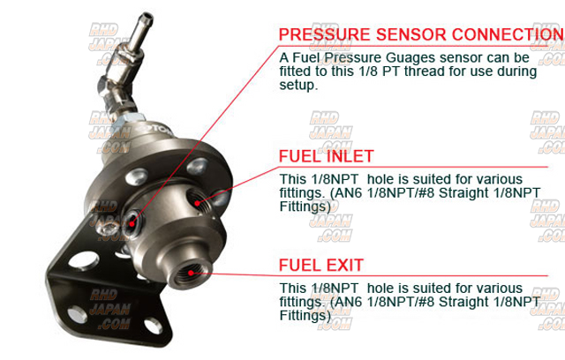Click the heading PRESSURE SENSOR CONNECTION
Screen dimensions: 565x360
click(x=422, y=34)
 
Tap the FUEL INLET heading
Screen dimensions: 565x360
click(x=326, y=156)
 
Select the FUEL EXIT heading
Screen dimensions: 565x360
click(x=321, y=266)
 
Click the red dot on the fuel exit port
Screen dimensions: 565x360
click(x=191, y=273)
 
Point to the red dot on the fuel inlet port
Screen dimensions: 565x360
click(x=197, y=204)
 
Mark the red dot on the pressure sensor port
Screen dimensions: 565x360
click(x=132, y=223)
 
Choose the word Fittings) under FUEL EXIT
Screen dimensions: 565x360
click(x=305, y=315)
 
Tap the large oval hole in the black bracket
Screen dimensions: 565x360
click(x=84, y=260)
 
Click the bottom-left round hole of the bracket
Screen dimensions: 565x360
click(x=77, y=314)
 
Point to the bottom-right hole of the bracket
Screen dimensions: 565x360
click(x=153, y=326)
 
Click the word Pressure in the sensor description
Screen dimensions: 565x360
click(x=353, y=57)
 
